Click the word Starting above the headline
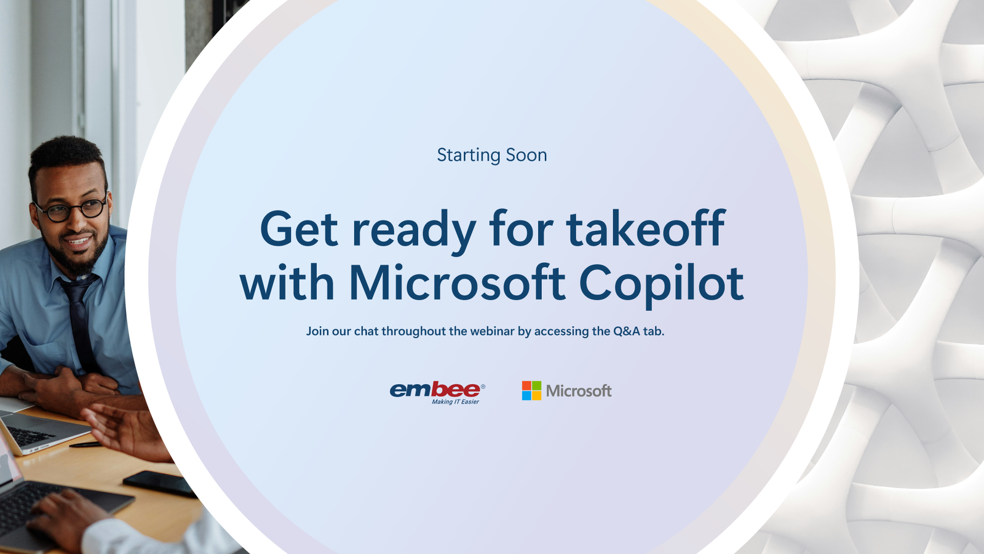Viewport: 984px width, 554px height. (x=468, y=156)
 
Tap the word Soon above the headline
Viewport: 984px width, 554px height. (x=526, y=155)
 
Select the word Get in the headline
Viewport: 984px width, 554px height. (x=299, y=228)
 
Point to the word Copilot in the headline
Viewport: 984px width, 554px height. (x=662, y=284)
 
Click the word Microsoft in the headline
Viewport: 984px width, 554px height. (x=458, y=282)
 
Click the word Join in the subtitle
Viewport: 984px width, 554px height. (x=317, y=331)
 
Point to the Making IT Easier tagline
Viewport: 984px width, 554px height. (x=455, y=401)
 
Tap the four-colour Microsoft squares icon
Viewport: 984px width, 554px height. (x=531, y=390)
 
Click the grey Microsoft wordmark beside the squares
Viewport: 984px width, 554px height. (x=579, y=390)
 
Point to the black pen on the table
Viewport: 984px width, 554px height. (x=85, y=444)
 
